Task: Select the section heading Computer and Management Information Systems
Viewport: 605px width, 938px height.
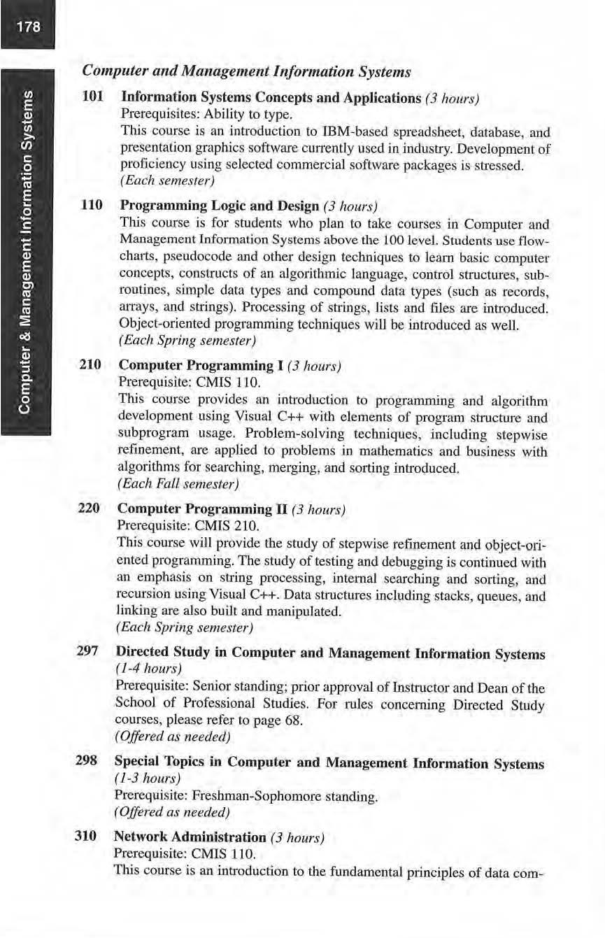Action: (246, 71)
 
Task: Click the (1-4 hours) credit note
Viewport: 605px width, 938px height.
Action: (141, 671)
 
